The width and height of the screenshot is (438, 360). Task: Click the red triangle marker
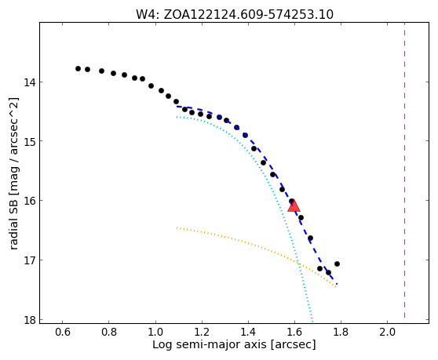pyautogui.click(x=294, y=206)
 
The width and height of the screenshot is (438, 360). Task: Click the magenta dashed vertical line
pyautogui.click(x=404, y=170)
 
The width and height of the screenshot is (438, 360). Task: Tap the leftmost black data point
pyautogui.click(x=78, y=69)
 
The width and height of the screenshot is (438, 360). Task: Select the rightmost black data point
pyautogui.click(x=337, y=264)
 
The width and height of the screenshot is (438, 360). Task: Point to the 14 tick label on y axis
pyautogui.click(x=30, y=82)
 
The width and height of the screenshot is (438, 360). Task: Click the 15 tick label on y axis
pyautogui.click(x=30, y=141)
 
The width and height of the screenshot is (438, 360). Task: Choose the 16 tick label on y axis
pyautogui.click(x=30, y=201)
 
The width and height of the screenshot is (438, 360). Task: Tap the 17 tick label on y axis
pyautogui.click(x=30, y=260)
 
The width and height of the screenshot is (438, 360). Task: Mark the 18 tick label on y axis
pyautogui.click(x=30, y=320)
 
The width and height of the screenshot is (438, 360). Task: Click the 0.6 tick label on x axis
pyautogui.click(x=62, y=332)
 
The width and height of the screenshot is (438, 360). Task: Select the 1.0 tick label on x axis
pyautogui.click(x=155, y=332)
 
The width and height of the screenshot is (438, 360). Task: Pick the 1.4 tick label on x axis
pyautogui.click(x=248, y=332)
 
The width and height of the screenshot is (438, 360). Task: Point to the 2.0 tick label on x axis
pyautogui.click(x=387, y=332)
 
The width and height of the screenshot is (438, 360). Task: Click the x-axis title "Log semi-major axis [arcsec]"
pyautogui.click(x=234, y=344)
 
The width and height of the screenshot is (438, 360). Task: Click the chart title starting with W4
pyautogui.click(x=235, y=15)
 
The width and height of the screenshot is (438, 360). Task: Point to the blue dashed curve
pyautogui.click(x=272, y=170)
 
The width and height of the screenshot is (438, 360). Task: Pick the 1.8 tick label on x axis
pyautogui.click(x=341, y=332)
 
